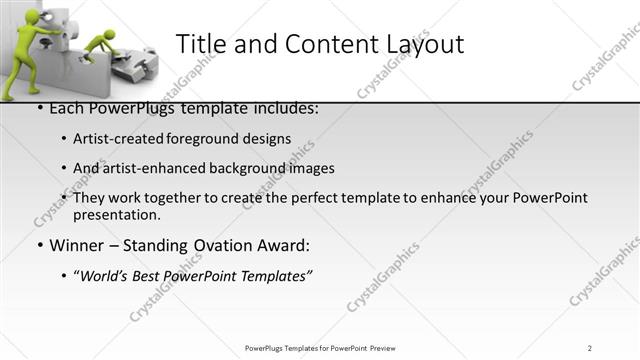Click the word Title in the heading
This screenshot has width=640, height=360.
click(202, 44)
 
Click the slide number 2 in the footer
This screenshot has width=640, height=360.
click(590, 347)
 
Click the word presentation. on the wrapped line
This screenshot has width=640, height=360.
click(116, 214)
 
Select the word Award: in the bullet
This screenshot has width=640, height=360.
click(285, 244)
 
